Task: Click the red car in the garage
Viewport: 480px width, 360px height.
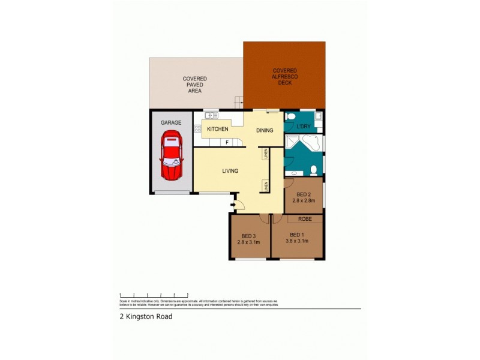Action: (x=170, y=158)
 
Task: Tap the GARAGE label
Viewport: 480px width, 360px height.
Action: (x=170, y=122)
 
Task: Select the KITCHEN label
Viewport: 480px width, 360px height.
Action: (x=217, y=129)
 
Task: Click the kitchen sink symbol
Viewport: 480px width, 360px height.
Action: (x=211, y=115)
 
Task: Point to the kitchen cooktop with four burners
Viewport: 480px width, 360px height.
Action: (x=196, y=128)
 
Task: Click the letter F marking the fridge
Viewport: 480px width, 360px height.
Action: (x=227, y=142)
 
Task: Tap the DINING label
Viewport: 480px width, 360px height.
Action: (x=265, y=130)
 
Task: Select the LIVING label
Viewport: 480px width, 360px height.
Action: (x=230, y=171)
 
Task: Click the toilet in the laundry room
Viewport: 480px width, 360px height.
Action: (x=290, y=116)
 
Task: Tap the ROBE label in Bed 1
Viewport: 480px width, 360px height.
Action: (x=304, y=220)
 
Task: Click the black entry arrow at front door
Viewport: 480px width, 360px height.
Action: (x=232, y=204)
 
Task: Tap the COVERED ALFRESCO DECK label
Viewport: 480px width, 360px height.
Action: (x=284, y=76)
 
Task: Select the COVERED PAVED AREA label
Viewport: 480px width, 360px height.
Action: (x=195, y=85)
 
